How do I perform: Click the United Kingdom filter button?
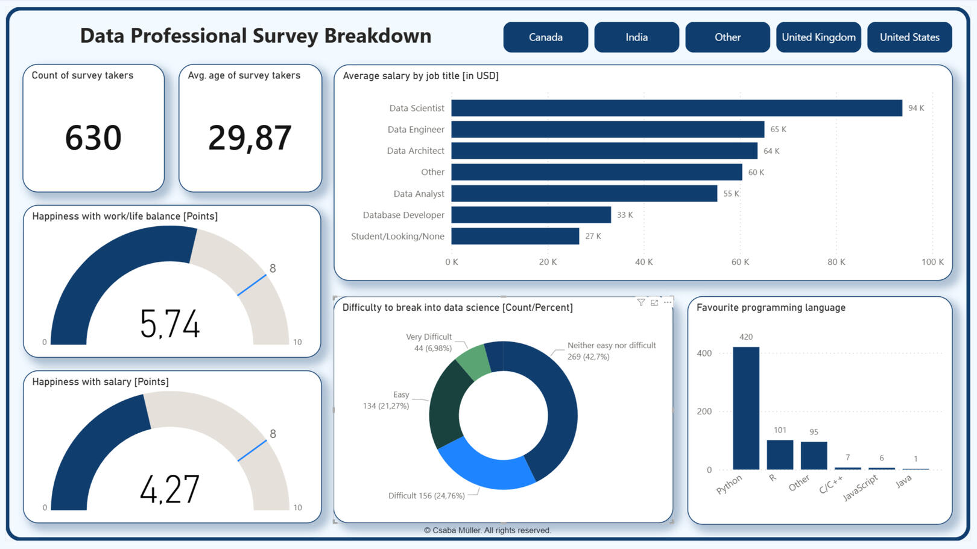818,37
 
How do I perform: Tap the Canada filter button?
545,37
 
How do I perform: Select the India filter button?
636,37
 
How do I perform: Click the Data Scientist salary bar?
676,108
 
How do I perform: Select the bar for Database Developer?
531,215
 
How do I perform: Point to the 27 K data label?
593,236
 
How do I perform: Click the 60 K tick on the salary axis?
740,262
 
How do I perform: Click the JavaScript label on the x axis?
860,487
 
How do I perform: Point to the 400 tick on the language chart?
704,354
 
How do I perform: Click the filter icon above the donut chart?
641,302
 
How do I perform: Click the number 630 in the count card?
93,138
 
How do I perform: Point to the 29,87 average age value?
250,138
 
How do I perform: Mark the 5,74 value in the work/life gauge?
169,323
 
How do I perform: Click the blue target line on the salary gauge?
252,451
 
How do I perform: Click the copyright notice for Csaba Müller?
487,530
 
